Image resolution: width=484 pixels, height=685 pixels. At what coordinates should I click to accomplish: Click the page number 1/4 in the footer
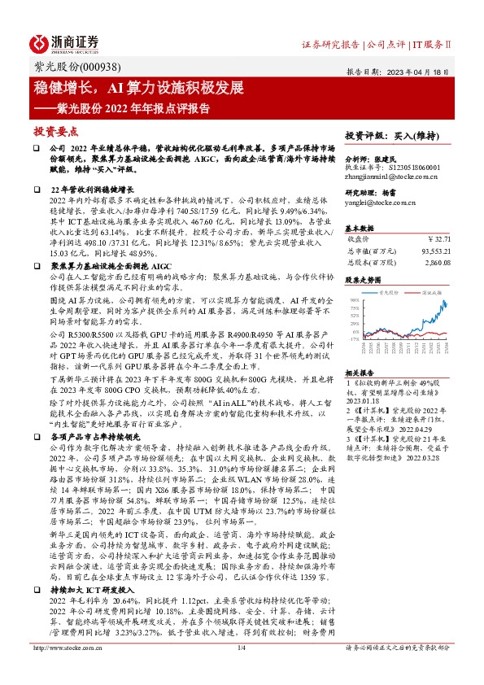[241, 671]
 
